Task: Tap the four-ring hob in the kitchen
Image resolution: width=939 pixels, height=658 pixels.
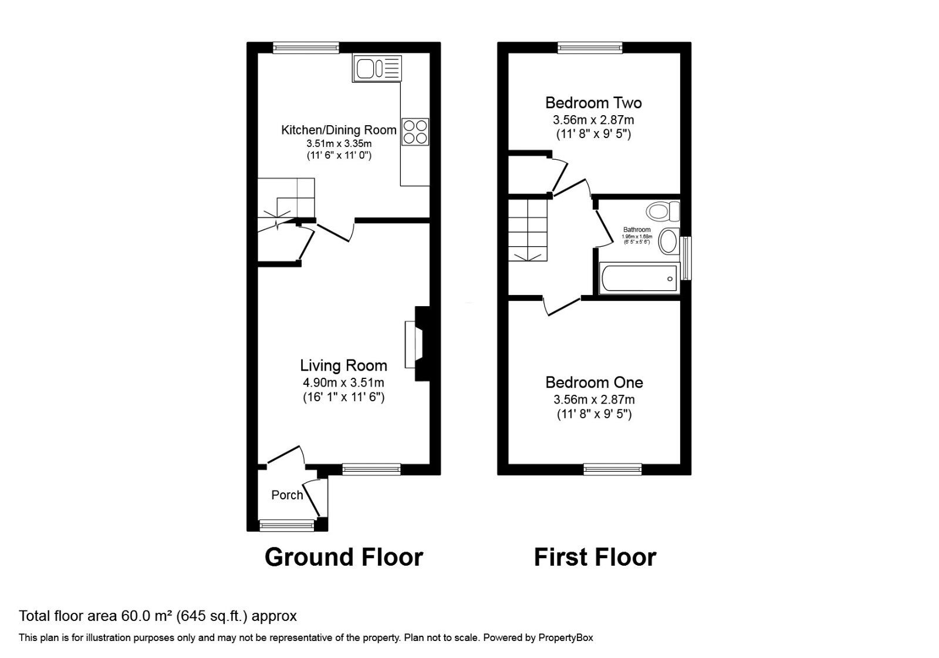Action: pyautogui.click(x=415, y=132)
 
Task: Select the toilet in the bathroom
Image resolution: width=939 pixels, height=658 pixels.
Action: pyautogui.click(x=662, y=210)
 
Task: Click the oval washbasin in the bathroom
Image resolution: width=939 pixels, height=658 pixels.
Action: pyautogui.click(x=668, y=241)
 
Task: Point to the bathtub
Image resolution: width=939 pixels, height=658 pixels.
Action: pyautogui.click(x=639, y=278)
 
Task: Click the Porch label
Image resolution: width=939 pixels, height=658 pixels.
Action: pyautogui.click(x=287, y=495)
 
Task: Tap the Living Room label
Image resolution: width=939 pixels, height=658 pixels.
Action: pyautogui.click(x=343, y=365)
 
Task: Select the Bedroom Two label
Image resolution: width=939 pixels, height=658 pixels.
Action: pyautogui.click(x=593, y=103)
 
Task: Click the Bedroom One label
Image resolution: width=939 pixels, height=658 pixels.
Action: pyautogui.click(x=594, y=382)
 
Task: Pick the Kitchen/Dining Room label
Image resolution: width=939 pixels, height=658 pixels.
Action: pyautogui.click(x=339, y=130)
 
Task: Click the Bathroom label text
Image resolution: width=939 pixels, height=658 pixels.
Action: pyautogui.click(x=637, y=230)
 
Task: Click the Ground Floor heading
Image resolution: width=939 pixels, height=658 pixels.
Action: pyautogui.click(x=343, y=557)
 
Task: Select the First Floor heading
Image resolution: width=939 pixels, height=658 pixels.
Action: pyautogui.click(x=595, y=557)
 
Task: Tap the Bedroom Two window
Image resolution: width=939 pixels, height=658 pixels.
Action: pyautogui.click(x=590, y=48)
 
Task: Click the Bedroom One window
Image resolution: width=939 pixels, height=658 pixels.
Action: pyautogui.click(x=613, y=469)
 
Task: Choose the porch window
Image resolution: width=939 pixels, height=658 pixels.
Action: pyautogui.click(x=287, y=525)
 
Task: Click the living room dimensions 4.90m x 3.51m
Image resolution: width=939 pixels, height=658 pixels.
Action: pyautogui.click(x=343, y=382)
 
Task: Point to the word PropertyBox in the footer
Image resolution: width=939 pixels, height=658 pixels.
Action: pyautogui.click(x=566, y=637)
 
